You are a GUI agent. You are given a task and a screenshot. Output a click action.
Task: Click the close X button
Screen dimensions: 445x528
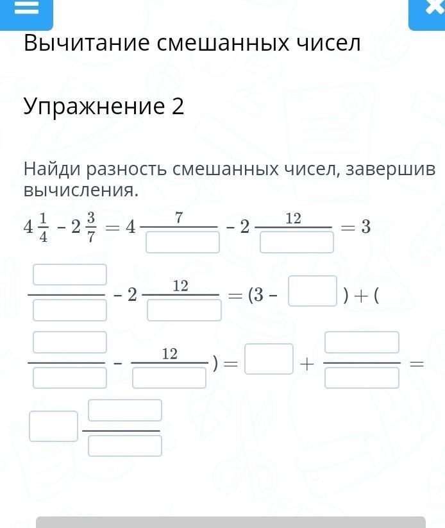(x=434, y=6)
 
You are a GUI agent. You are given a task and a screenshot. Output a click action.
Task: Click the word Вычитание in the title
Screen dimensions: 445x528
(x=87, y=43)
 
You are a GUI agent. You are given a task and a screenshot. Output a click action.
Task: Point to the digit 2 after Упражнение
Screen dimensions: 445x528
(x=178, y=106)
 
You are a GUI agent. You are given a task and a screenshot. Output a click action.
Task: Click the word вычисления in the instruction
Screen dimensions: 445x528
(x=81, y=191)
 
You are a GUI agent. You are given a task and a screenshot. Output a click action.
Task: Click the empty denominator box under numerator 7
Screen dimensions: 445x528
(x=183, y=242)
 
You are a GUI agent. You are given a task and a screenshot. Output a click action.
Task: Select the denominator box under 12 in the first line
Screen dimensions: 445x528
(x=297, y=242)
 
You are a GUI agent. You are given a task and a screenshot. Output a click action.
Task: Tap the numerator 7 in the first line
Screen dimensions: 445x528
(x=179, y=218)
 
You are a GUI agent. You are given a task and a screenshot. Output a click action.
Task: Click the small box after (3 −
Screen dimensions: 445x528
(x=312, y=291)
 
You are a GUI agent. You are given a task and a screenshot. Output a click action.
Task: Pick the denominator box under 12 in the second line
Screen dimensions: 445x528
(x=184, y=310)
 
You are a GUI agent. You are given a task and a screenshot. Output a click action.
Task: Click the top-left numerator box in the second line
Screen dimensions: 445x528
(x=70, y=275)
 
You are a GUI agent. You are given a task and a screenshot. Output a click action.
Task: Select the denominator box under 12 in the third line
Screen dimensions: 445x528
(x=169, y=378)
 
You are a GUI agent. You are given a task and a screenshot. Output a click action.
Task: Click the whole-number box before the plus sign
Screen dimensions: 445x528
(x=269, y=359)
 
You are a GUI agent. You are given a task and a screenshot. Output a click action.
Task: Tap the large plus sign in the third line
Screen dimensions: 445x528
(x=306, y=364)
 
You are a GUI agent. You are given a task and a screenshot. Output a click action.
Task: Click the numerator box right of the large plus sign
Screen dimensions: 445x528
(x=362, y=343)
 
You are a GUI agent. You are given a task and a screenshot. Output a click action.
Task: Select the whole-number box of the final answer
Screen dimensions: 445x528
(x=53, y=426)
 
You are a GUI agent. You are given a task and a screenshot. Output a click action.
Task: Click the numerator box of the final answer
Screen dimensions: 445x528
(x=125, y=411)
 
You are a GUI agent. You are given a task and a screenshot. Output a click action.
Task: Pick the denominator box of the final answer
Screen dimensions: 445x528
(x=125, y=446)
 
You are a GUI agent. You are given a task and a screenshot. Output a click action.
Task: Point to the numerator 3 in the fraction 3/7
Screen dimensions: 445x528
(x=91, y=218)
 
